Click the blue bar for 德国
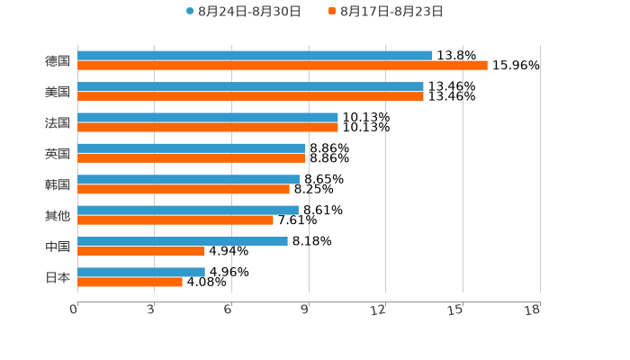255,56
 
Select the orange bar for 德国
283,66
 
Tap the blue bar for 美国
250,86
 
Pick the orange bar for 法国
208,127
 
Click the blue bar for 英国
192,148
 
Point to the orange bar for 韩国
184,189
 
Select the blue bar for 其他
188,210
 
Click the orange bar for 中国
141,251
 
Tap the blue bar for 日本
141,272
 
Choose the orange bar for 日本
130,282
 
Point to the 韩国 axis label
58,184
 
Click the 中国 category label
58,247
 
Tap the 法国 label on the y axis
58,122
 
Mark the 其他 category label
58,215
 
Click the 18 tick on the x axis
533,310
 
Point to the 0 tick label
74,310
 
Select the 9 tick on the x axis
305,310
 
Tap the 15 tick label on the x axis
455,310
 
